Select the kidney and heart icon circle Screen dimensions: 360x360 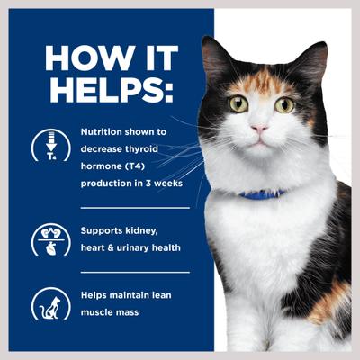[x=50, y=238]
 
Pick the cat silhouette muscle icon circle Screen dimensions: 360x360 [x=50, y=303]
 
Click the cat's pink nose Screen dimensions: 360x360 [x=258, y=129]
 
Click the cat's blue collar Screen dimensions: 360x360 [x=262, y=193]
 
